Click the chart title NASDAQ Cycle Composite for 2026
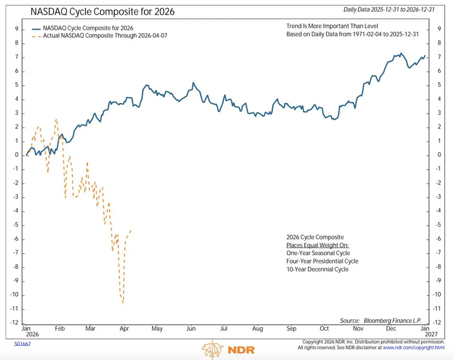pyautogui.click(x=102, y=12)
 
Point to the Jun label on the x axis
pyautogui.click(x=191, y=328)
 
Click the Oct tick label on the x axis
pyautogui.click(x=324, y=328)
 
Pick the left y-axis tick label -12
pyautogui.click(x=14, y=323)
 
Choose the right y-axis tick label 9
pyautogui.click(x=440, y=29)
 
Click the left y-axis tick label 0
pyautogui.click(x=17, y=155)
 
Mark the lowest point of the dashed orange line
pyautogui.click(x=123, y=302)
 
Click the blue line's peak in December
pyautogui.click(x=401, y=53)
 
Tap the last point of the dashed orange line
pyautogui.click(x=131, y=230)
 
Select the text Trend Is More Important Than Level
pyautogui.click(x=332, y=26)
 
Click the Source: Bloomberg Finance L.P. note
pyautogui.click(x=381, y=321)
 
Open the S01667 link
pyautogui.click(x=23, y=344)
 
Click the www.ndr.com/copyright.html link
pyautogui.click(x=414, y=348)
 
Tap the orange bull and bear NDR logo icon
pyautogui.click(x=213, y=349)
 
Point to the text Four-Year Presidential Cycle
pyautogui.click(x=323, y=261)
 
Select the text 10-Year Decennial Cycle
pyautogui.click(x=317, y=269)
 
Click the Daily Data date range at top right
pyautogui.click(x=389, y=10)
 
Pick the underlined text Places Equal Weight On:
pyautogui.click(x=317, y=245)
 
